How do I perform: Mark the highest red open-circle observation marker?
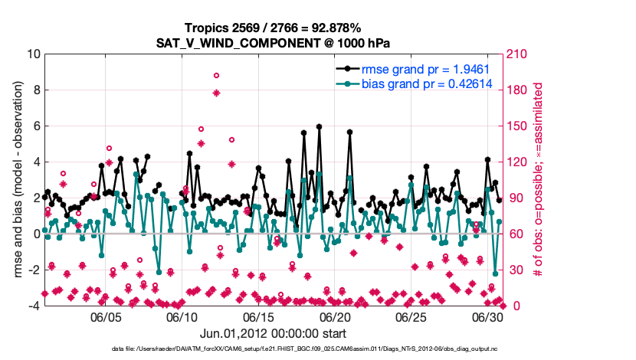(x=217, y=75)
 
